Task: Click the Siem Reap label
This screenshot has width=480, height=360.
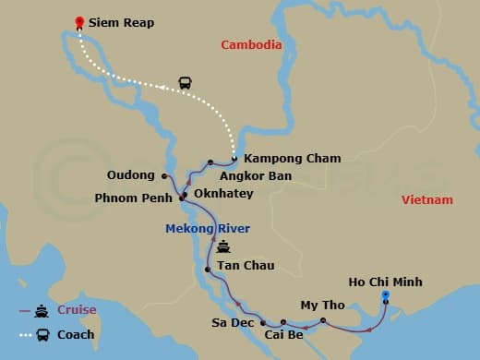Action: [123, 22]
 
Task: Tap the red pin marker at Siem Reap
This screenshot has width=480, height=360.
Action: [79, 21]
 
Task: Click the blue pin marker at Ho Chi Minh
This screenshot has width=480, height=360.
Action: [386, 295]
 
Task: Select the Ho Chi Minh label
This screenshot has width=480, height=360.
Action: [386, 281]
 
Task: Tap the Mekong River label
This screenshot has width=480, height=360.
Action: [208, 228]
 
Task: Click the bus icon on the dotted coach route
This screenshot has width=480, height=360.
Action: [185, 83]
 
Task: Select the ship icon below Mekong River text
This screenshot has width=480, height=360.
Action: [223, 247]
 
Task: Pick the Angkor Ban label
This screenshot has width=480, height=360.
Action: [251, 175]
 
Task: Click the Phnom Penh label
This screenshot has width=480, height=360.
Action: [135, 198]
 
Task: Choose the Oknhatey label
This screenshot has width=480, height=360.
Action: [225, 194]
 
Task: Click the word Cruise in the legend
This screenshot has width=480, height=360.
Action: [78, 311]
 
